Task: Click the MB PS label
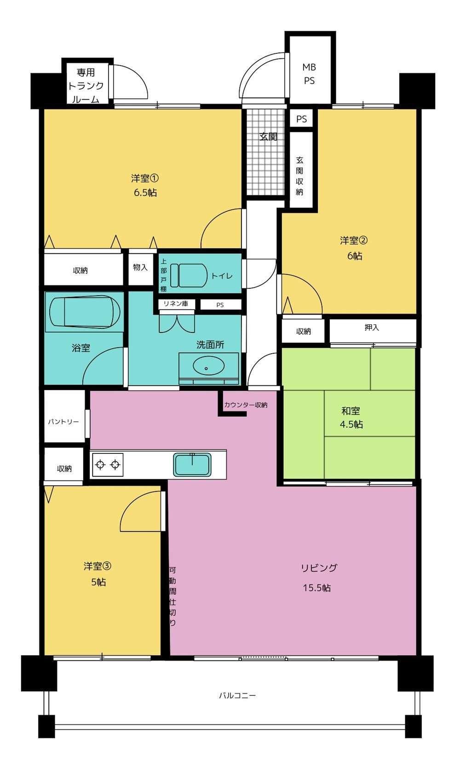click(x=309, y=74)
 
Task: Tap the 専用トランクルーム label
click(x=86, y=86)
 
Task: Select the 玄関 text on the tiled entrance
click(x=268, y=137)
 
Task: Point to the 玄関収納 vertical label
click(x=299, y=176)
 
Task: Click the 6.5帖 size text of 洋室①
click(x=145, y=193)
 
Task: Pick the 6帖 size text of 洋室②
click(x=355, y=256)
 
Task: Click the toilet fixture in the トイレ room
click(x=189, y=275)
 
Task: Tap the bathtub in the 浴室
click(x=85, y=312)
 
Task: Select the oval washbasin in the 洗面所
click(x=208, y=367)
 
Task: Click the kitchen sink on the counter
click(x=192, y=465)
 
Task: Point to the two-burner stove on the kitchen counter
click(x=107, y=465)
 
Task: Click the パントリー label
click(x=63, y=422)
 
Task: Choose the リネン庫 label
click(x=176, y=304)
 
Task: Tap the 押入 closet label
click(x=372, y=327)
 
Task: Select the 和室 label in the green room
click(x=351, y=411)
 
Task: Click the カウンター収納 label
click(x=246, y=405)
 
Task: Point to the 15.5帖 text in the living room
click(x=317, y=588)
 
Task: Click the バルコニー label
click(x=237, y=695)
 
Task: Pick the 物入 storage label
click(x=140, y=268)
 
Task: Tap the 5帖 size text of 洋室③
click(x=98, y=582)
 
